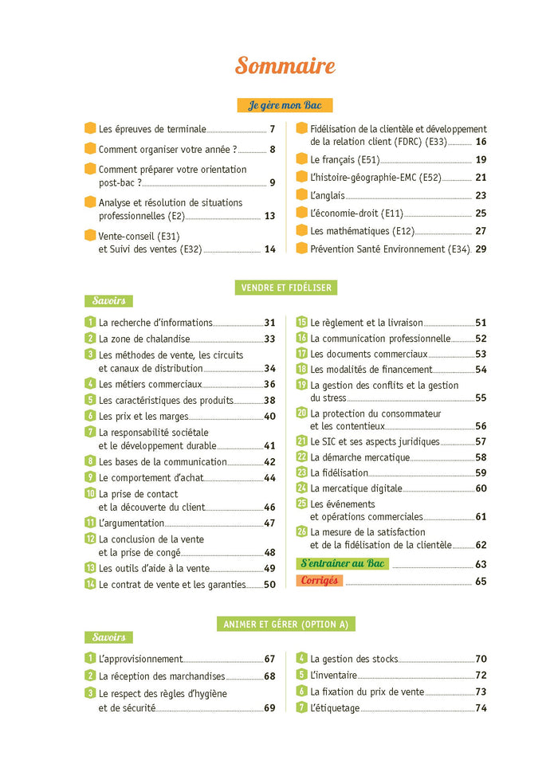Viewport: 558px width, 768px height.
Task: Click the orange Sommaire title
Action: point(285,66)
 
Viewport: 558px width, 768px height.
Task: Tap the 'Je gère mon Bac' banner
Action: point(285,105)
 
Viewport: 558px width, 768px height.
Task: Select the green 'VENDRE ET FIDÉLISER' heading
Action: point(285,288)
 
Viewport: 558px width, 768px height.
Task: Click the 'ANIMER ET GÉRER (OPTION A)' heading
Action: point(285,625)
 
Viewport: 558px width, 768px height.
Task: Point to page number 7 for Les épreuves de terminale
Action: point(272,129)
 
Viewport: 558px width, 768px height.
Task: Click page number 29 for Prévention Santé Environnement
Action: point(481,249)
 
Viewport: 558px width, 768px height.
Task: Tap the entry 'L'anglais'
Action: point(328,195)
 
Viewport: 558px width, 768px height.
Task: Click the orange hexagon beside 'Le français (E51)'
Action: point(301,159)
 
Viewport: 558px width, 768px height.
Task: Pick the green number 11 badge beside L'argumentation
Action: point(90,523)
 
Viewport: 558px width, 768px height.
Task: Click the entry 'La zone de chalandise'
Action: point(144,339)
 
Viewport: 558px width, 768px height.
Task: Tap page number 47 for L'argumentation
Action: point(269,523)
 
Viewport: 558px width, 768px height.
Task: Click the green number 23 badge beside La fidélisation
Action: point(302,472)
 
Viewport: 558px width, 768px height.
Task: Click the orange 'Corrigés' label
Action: point(320,581)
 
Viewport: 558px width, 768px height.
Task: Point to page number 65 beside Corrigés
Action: point(481,582)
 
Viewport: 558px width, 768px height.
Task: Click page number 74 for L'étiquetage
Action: point(481,708)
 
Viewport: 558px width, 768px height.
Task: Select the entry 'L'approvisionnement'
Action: point(140,660)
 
